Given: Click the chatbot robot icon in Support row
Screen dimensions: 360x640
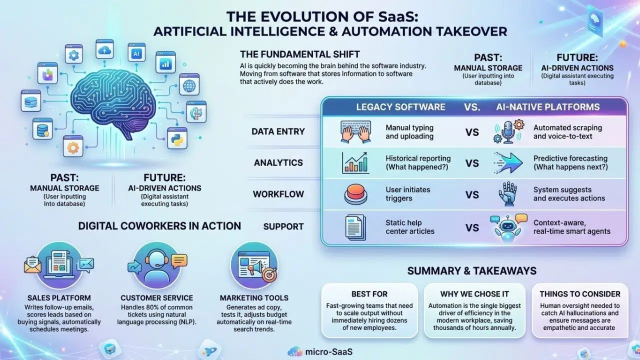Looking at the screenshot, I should [506, 227].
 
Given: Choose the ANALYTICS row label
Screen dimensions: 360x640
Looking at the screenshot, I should [278, 163].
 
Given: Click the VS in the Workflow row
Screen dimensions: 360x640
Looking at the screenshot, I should [472, 194].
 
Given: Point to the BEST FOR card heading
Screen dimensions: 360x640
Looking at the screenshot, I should [369, 294].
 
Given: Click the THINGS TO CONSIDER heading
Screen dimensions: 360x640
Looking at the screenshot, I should [580, 294].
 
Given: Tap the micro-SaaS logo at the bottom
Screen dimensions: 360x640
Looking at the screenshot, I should [320, 352].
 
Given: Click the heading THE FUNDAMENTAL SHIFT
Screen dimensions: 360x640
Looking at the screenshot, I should [299, 54].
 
